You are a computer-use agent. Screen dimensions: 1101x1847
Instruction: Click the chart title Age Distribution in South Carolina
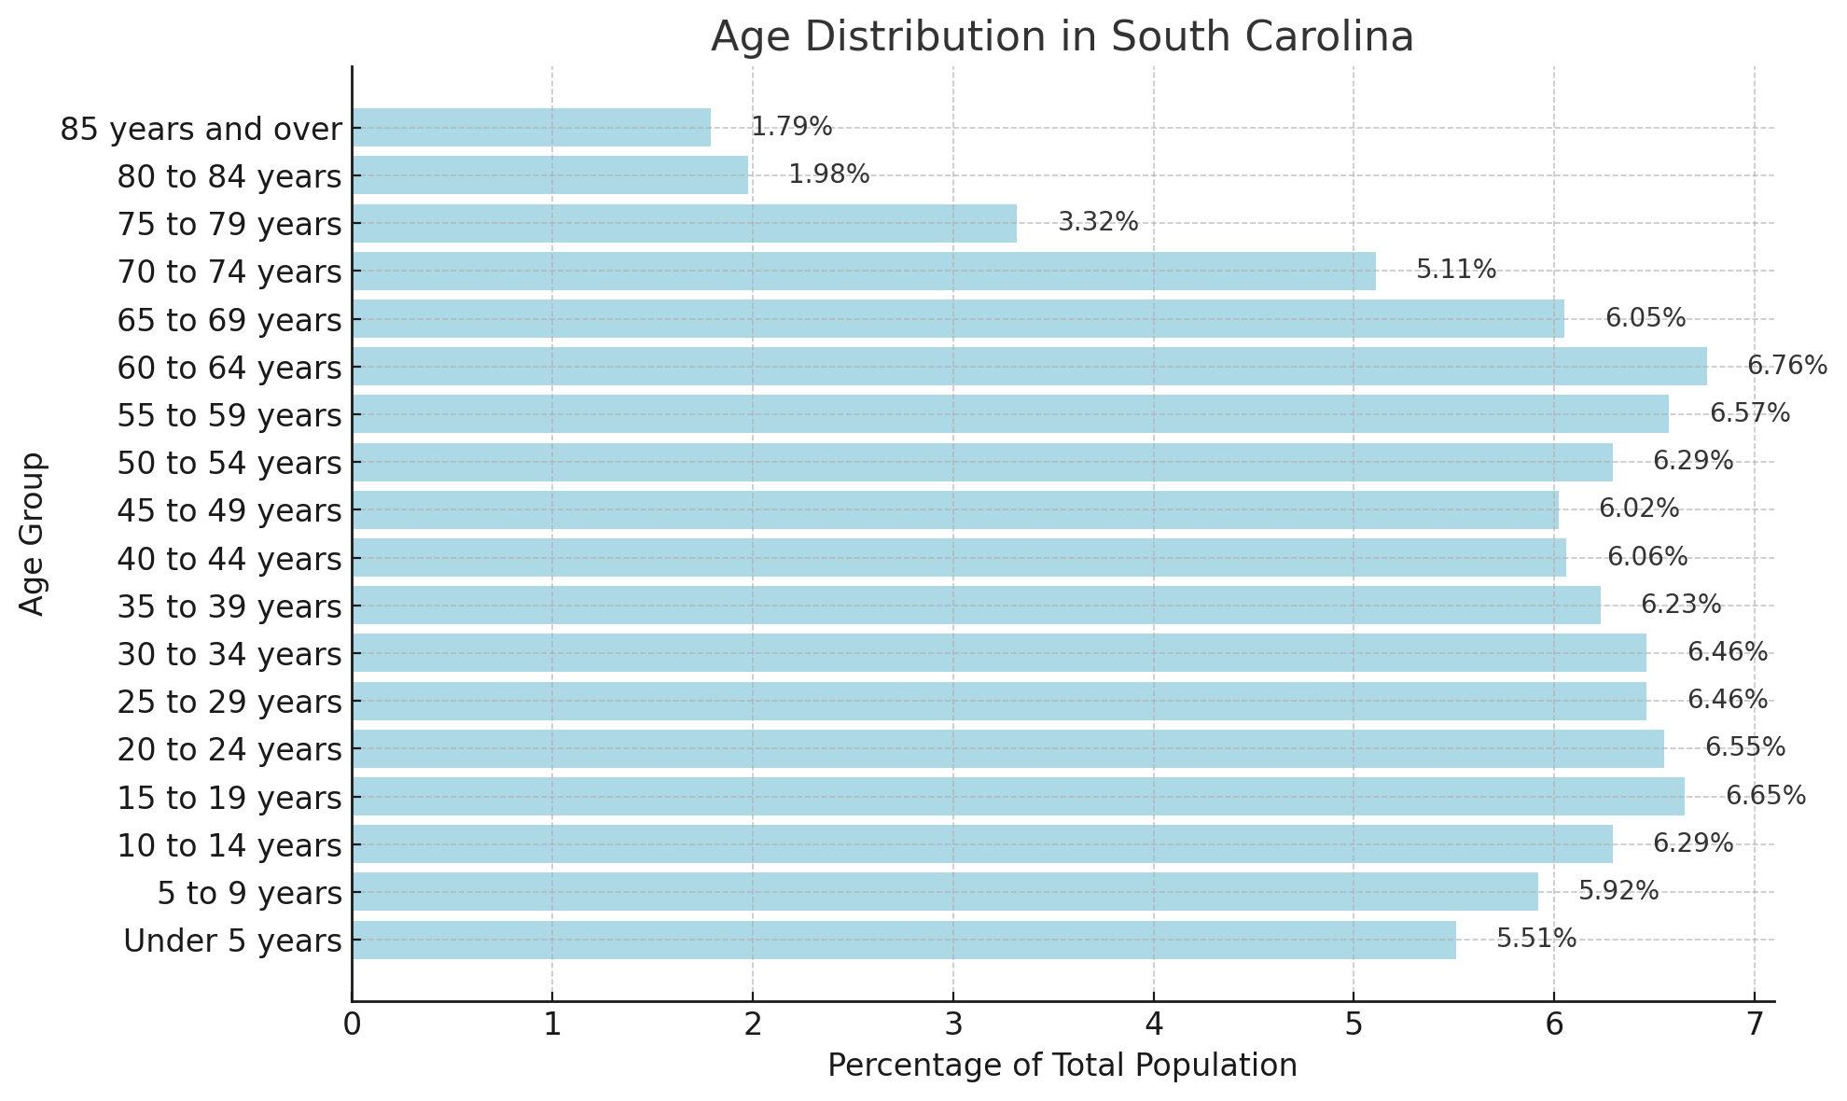pos(1062,37)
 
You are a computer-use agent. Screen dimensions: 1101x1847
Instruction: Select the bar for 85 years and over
pos(531,127)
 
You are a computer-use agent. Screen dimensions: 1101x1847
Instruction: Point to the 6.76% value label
pos(1786,366)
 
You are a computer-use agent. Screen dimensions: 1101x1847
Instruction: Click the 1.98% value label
pos(828,174)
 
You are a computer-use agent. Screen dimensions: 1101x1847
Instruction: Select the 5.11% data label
pos(1455,271)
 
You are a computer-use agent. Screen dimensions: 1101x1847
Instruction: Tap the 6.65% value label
pos(1765,796)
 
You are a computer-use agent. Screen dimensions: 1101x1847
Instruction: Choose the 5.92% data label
pos(1618,891)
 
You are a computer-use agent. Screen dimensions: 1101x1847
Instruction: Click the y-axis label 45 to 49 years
pos(229,510)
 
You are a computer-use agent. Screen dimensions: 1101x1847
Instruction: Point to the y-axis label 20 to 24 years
pos(229,749)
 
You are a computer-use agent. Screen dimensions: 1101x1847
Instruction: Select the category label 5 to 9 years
pos(249,893)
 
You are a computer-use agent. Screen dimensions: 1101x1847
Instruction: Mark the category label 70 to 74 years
pos(229,272)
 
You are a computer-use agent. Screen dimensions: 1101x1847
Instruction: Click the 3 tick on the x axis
pos(952,1024)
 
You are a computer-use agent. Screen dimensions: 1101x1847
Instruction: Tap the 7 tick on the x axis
pos(1754,1024)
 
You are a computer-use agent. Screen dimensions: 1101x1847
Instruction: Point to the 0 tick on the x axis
pos(352,1024)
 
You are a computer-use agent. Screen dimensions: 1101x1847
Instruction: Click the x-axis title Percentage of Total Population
pos(1062,1066)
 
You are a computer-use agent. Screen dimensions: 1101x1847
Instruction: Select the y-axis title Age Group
pos(33,534)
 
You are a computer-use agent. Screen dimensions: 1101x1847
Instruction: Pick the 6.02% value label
pos(1638,509)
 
